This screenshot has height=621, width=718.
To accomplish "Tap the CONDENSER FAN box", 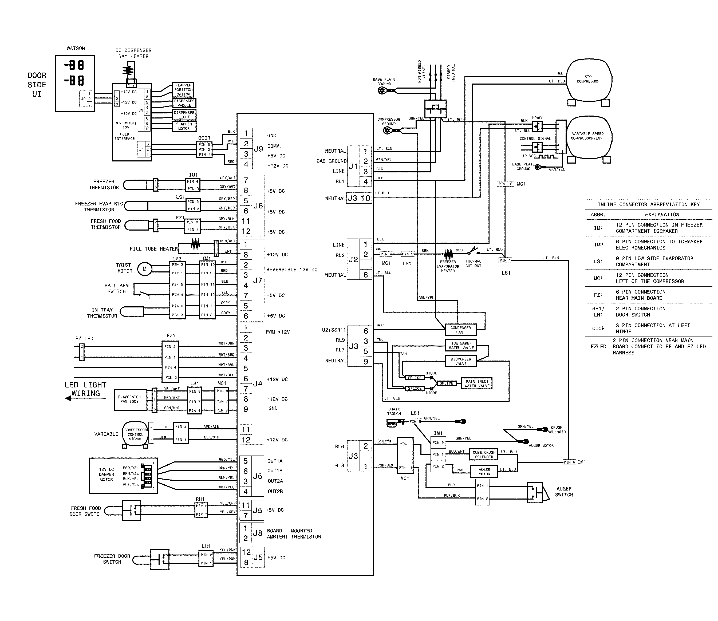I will pyautogui.click(x=460, y=330).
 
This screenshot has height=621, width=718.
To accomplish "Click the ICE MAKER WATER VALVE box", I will pyautogui.click(x=461, y=346).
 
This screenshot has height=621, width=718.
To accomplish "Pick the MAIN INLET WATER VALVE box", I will pyautogui.click(x=477, y=383).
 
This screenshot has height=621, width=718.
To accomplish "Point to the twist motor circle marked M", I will pyautogui.click(x=144, y=269).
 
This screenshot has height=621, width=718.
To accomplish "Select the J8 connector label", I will pyautogui.click(x=258, y=533).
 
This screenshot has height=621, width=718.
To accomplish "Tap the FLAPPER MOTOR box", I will pyautogui.click(x=184, y=126).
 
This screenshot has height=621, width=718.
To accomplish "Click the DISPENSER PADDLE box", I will pyautogui.click(x=184, y=103).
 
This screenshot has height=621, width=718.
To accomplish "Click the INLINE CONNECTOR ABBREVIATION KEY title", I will pyautogui.click(x=648, y=204).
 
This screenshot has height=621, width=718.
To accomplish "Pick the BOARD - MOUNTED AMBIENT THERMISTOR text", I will pyautogui.click(x=294, y=534).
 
